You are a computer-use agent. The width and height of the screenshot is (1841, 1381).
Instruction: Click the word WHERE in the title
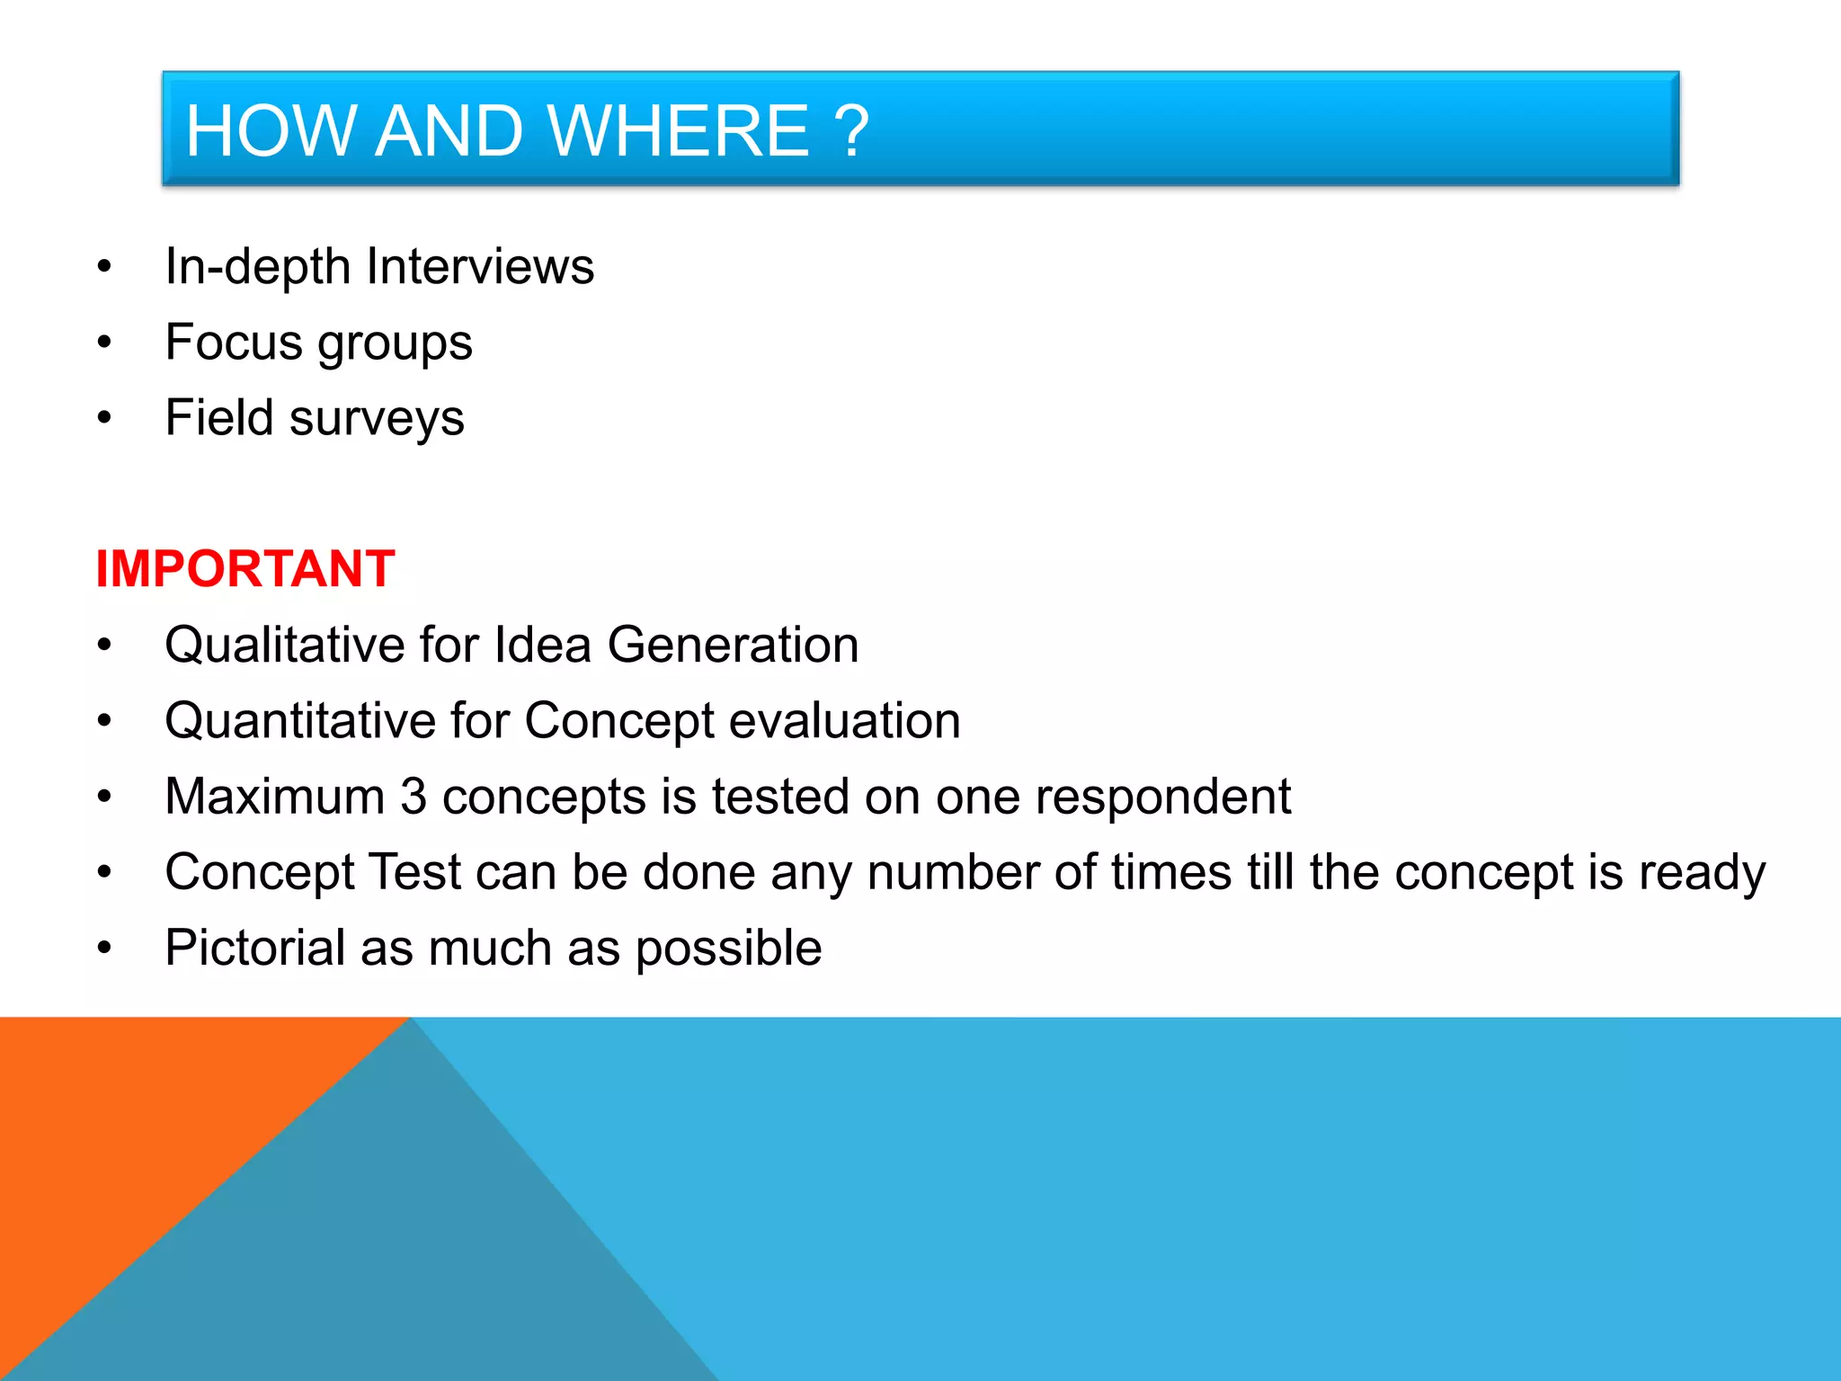678,131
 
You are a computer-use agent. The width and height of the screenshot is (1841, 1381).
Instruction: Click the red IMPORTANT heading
245,569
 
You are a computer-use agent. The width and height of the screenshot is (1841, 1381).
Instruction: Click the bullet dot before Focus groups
104,343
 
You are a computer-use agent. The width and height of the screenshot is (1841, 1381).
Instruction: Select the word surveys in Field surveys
377,419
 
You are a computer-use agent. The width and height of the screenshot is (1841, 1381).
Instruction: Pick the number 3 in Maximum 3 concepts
414,797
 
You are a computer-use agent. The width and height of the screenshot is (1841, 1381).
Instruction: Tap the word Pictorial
255,949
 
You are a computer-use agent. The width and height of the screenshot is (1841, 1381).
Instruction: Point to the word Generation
733,646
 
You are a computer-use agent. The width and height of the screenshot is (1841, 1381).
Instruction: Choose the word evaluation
844,721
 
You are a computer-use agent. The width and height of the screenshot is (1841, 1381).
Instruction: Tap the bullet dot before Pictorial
104,948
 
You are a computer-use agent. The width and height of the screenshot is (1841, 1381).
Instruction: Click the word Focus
234,343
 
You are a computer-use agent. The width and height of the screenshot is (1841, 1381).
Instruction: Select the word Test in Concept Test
414,873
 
